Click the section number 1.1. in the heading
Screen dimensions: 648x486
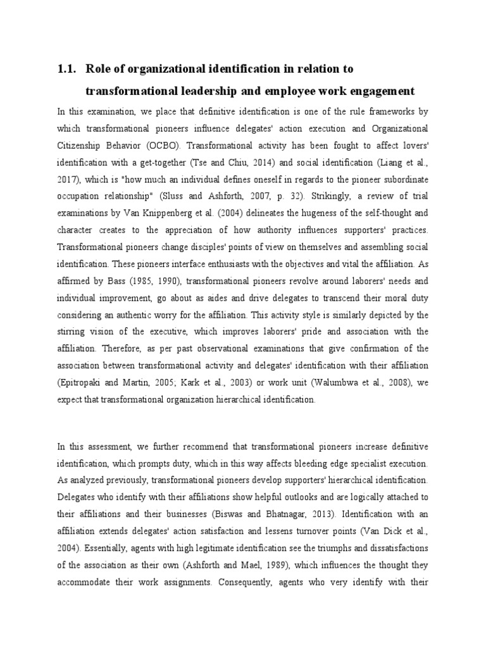point(68,68)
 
